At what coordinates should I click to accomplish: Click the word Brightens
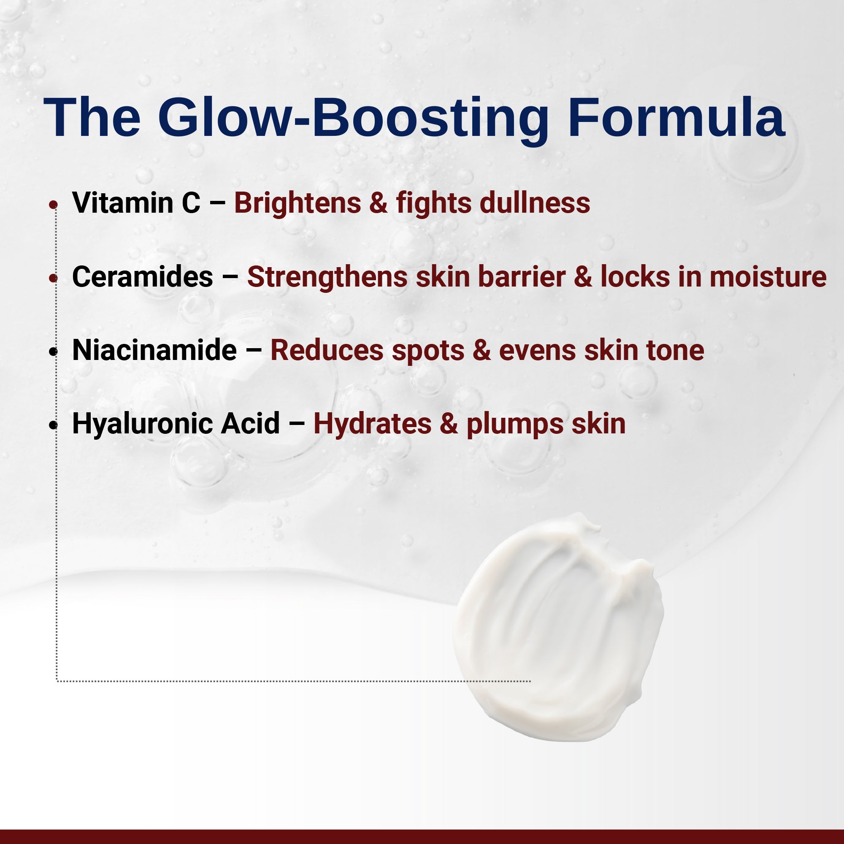298,203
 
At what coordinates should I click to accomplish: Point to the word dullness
535,203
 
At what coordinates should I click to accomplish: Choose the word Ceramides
142,277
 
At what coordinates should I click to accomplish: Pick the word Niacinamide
154,350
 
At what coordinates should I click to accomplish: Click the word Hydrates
373,424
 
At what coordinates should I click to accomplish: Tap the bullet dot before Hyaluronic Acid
53,425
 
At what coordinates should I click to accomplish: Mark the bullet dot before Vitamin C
53,204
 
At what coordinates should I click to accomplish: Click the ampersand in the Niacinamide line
482,350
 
